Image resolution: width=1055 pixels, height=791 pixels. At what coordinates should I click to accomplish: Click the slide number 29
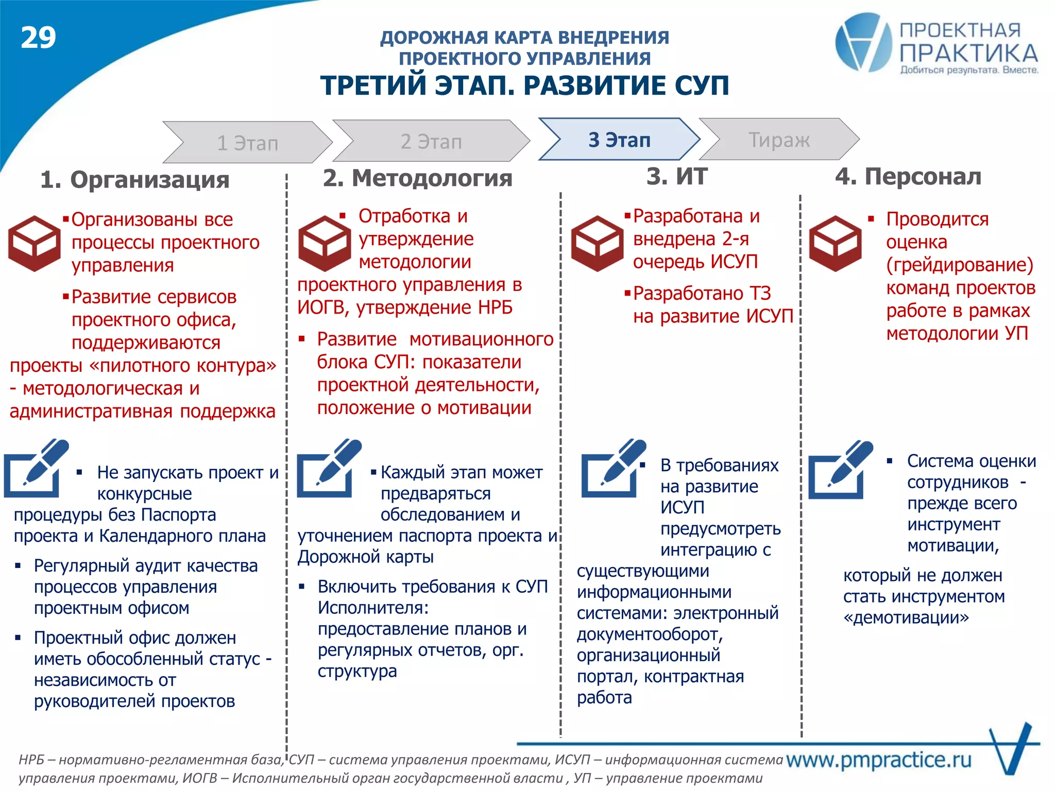click(x=38, y=38)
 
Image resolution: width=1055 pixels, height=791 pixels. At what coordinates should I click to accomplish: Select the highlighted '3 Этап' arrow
click(x=619, y=140)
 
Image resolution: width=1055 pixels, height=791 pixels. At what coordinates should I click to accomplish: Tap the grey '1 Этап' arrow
click(x=247, y=143)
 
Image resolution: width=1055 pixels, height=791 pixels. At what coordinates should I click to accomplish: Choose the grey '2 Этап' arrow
click(x=431, y=141)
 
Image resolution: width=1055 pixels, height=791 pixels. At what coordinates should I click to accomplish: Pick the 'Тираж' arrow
click(x=778, y=140)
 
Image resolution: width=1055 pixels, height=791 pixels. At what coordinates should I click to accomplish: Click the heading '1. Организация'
click(x=134, y=180)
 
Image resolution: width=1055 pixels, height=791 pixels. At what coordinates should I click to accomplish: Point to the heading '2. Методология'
click(x=417, y=178)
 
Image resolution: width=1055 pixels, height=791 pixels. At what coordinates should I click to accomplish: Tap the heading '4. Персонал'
click(x=908, y=177)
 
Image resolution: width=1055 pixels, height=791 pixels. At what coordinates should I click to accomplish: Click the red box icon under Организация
click(x=34, y=243)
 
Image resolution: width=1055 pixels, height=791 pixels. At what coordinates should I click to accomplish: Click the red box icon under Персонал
click(x=835, y=243)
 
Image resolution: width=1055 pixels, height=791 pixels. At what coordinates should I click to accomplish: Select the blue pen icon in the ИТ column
click(x=613, y=469)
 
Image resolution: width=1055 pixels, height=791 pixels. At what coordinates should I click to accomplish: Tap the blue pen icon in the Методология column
click(x=329, y=469)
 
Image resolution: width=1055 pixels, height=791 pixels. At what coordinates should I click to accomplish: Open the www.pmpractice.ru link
click(x=878, y=759)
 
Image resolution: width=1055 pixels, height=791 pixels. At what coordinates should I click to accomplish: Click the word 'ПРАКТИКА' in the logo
click(x=968, y=53)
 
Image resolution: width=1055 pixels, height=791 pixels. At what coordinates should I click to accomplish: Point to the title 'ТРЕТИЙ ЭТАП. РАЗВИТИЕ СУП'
click(x=524, y=85)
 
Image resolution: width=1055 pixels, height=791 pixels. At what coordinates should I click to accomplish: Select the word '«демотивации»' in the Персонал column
click(x=906, y=617)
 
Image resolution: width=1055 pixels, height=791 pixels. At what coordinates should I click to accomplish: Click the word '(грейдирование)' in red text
click(x=960, y=265)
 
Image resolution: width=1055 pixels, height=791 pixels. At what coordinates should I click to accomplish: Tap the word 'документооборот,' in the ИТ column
click(x=650, y=634)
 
